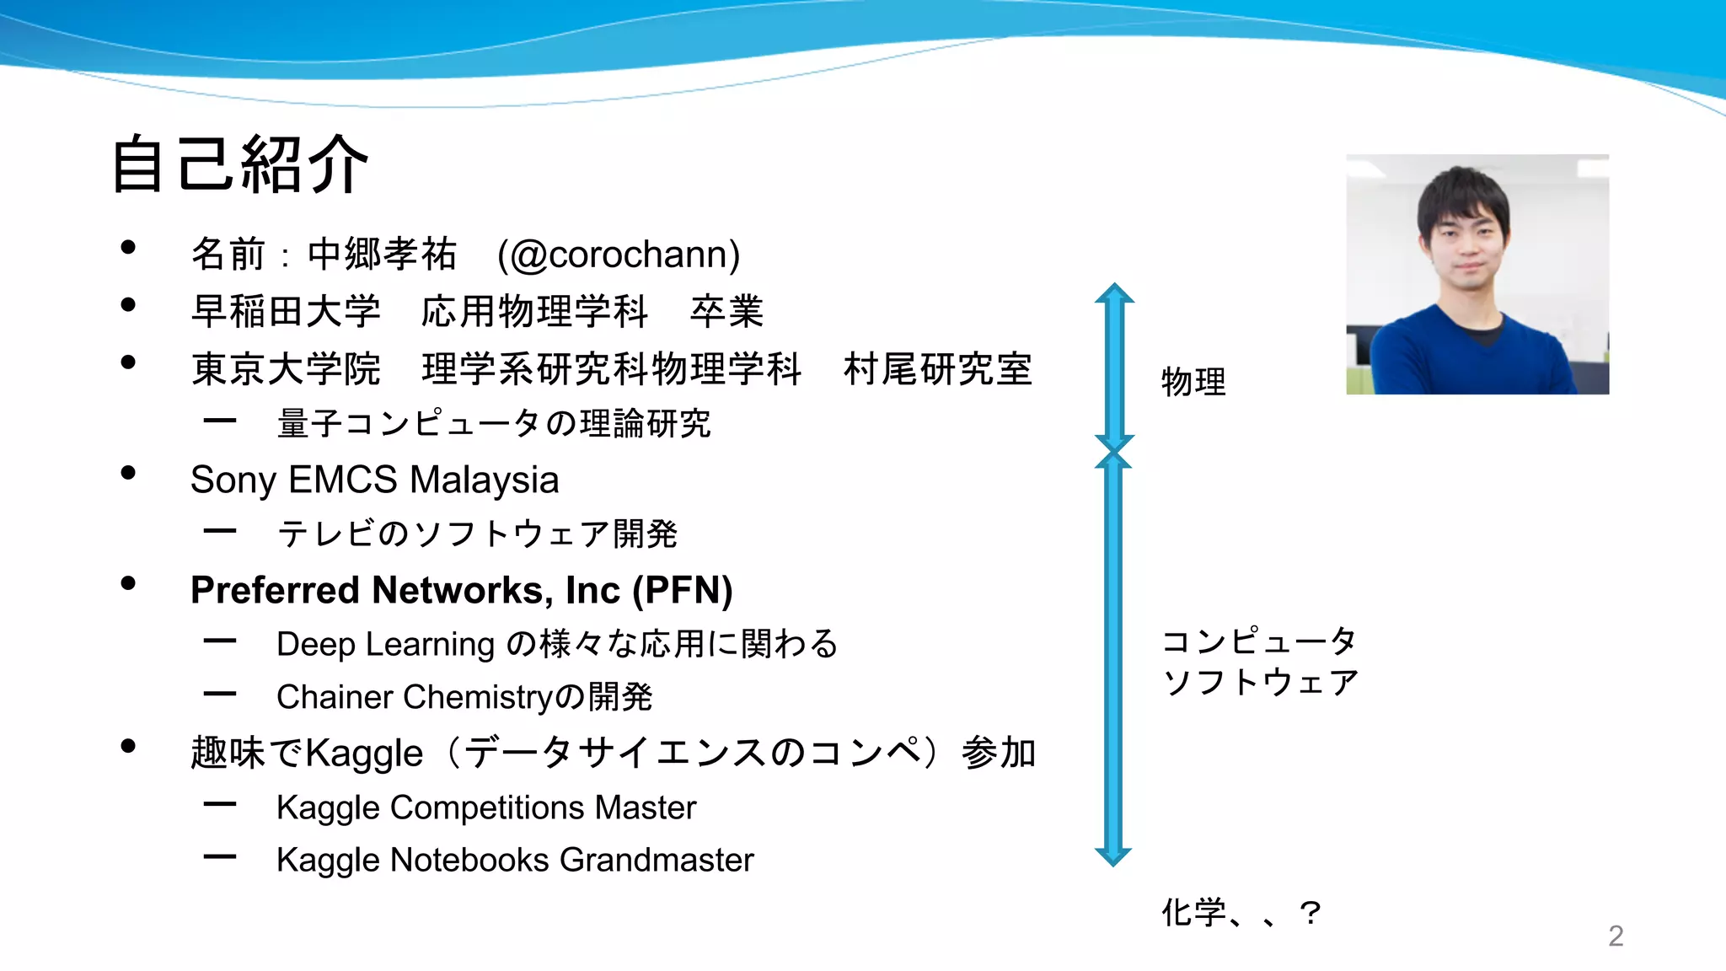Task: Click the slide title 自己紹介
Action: (240, 164)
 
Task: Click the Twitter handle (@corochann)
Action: (619, 255)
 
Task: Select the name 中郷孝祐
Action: (382, 255)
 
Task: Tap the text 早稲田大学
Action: (286, 312)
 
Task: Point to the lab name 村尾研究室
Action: (937, 369)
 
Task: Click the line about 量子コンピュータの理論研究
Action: (494, 423)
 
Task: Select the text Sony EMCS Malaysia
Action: (374, 480)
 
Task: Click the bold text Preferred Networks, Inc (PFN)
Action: (461, 590)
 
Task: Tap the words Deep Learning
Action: (385, 644)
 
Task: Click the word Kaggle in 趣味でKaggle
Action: (364, 753)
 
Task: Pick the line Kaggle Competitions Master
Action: (486, 807)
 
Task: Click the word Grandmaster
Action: (657, 860)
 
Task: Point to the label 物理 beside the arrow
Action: (1193, 382)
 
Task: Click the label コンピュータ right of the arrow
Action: (1259, 641)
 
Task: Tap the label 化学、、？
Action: (1241, 912)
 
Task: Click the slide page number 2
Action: (1616, 936)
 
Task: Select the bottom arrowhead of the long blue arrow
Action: (1113, 856)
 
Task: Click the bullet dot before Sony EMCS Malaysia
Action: (128, 473)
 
